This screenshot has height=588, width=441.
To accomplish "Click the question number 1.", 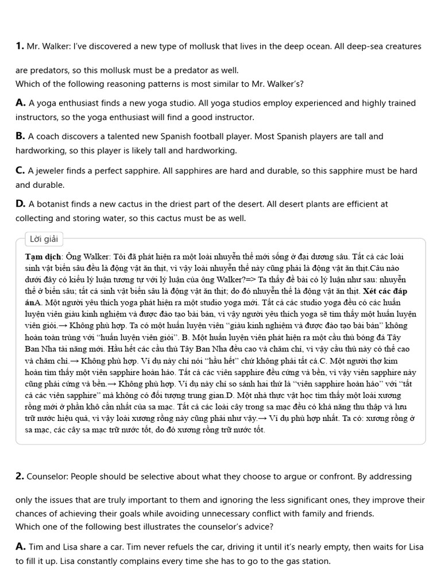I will pyautogui.click(x=20, y=46).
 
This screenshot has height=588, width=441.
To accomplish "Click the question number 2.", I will pyautogui.click(x=20, y=476).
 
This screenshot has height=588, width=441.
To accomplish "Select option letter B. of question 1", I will pyautogui.click(x=21, y=137).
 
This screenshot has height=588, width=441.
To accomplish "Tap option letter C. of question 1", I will pyautogui.click(x=21, y=171).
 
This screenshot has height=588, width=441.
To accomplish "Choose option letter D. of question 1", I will pyautogui.click(x=21, y=204).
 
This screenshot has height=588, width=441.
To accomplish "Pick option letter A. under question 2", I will pyautogui.click(x=21, y=547).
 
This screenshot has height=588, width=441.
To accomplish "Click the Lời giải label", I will pyautogui.click(x=45, y=239).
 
